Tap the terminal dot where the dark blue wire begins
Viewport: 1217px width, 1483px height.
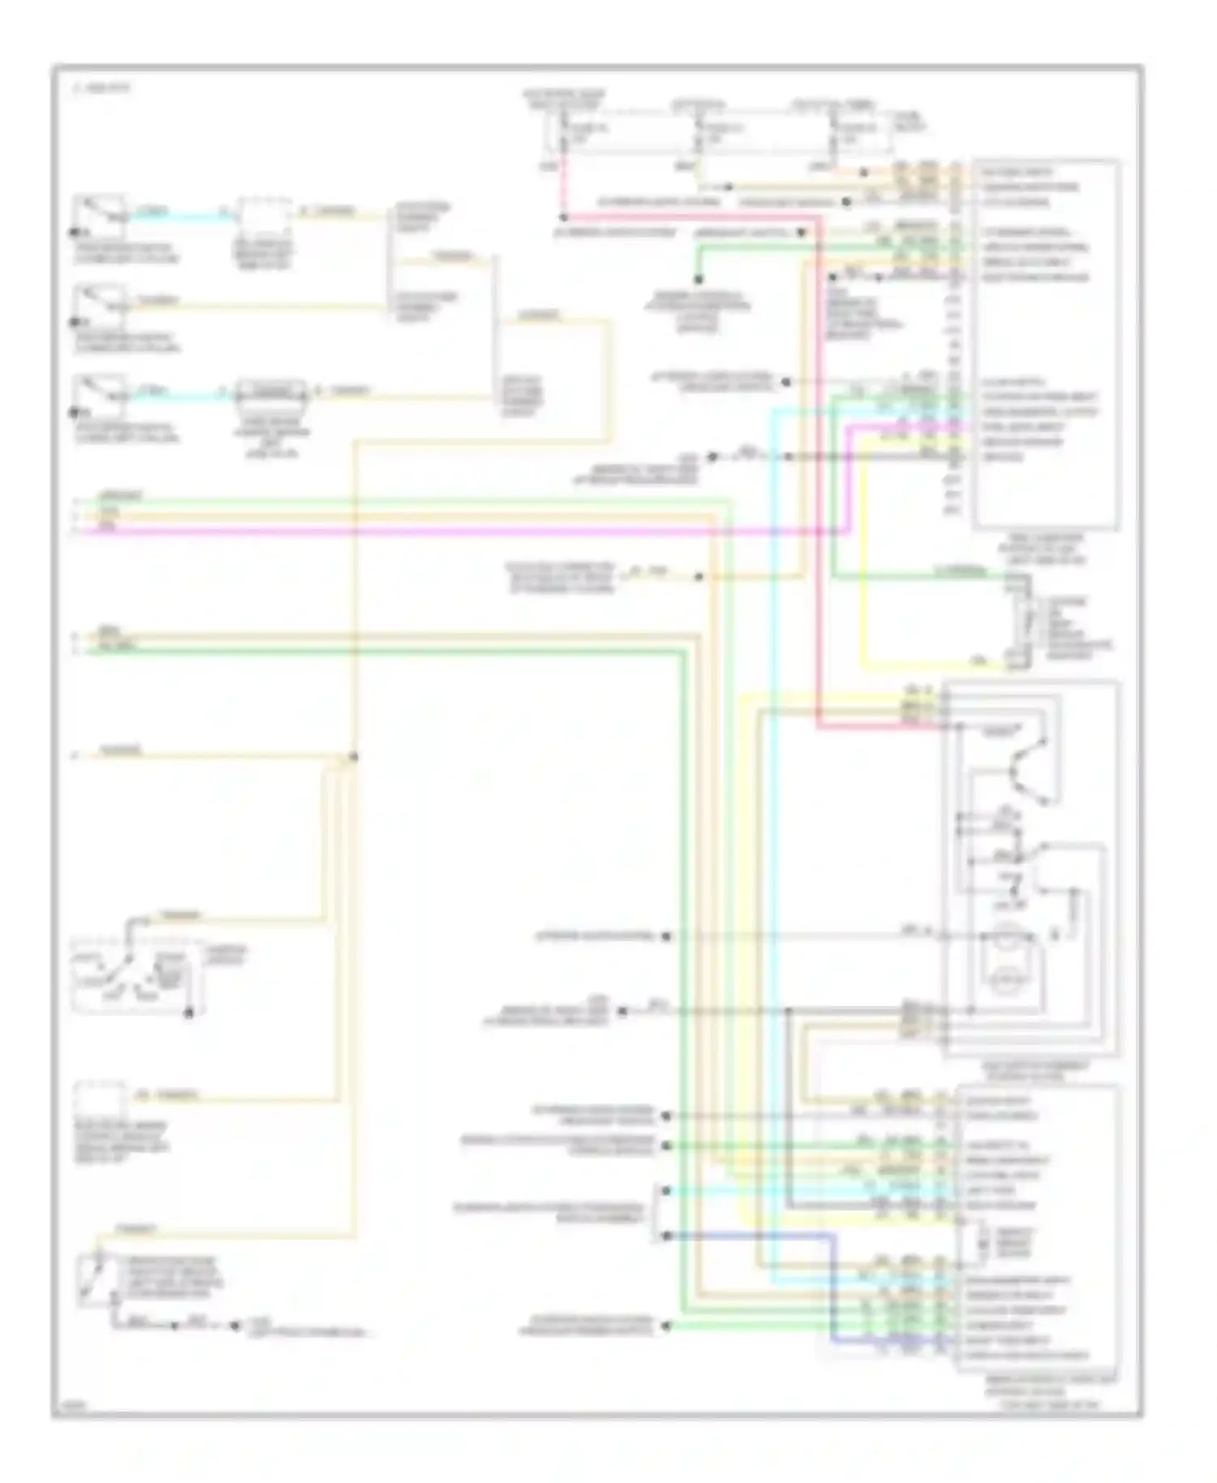pyautogui.click(x=666, y=1236)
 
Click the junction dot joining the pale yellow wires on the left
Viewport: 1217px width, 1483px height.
pyautogui.click(x=353, y=757)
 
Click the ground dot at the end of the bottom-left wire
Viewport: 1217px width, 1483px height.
pyautogui.click(x=234, y=1326)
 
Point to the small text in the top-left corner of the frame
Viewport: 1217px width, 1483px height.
pyautogui.click(x=102, y=88)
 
